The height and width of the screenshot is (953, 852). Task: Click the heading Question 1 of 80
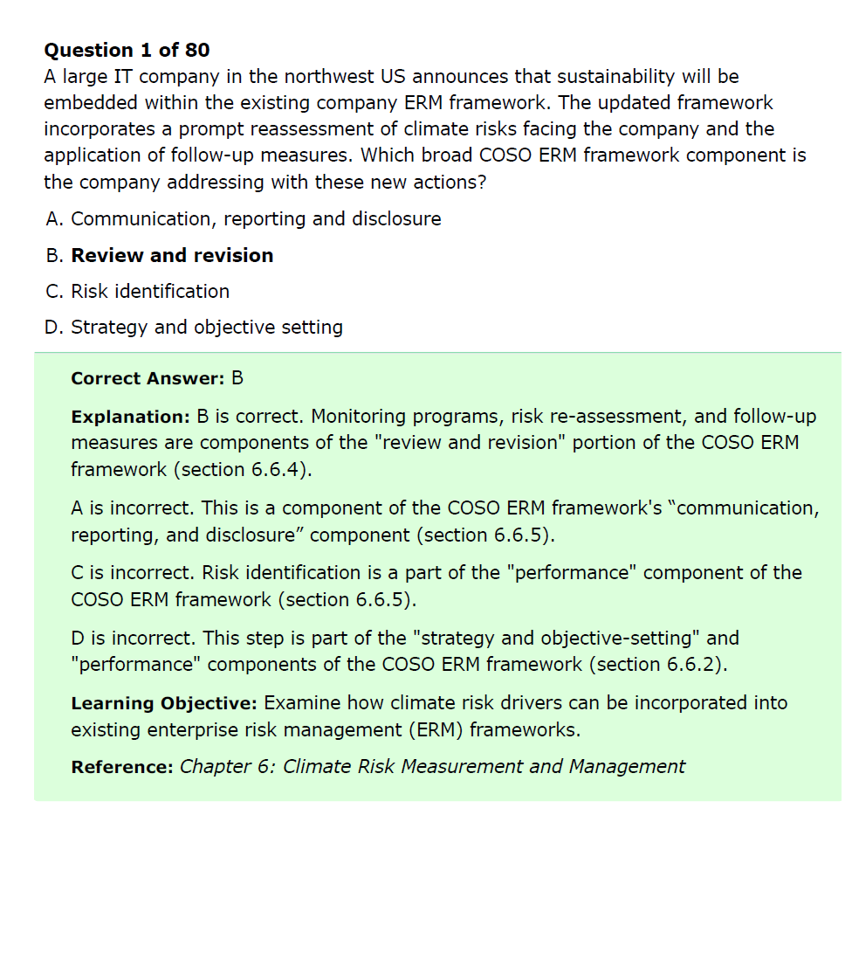[x=127, y=50]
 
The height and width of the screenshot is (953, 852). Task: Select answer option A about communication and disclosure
[x=244, y=219]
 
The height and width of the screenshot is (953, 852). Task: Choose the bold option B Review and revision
[x=160, y=256]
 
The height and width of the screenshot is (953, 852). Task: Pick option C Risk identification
[x=138, y=292]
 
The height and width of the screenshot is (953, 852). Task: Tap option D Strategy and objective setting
[x=194, y=328]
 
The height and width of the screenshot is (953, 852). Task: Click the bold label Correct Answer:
[x=148, y=378]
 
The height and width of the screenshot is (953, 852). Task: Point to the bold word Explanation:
[x=130, y=417]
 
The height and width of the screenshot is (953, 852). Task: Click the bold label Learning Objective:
[x=163, y=703]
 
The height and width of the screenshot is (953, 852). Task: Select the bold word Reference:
[x=122, y=767]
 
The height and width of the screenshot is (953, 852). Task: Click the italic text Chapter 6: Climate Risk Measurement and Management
[x=432, y=767]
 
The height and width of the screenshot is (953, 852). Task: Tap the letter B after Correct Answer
[x=237, y=378]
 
